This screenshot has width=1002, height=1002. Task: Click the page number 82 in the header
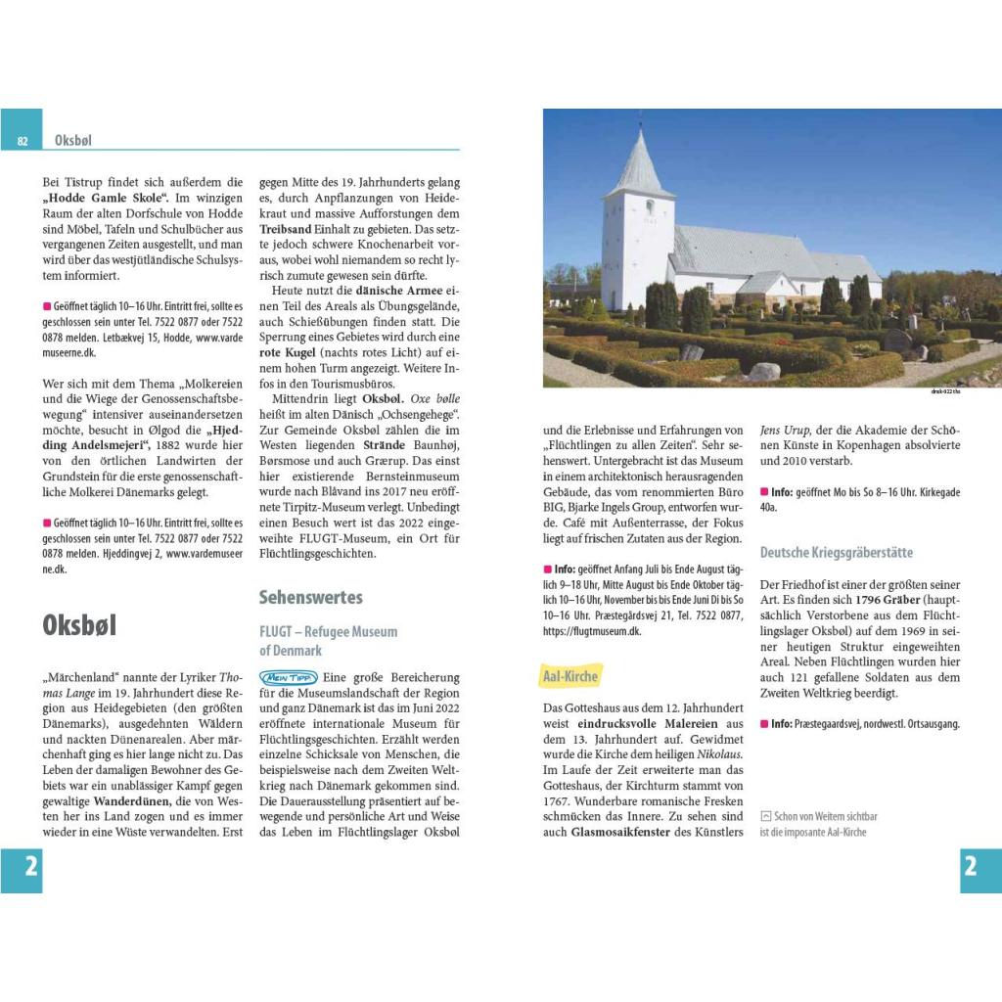point(22,141)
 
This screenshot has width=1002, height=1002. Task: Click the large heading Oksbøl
point(79,626)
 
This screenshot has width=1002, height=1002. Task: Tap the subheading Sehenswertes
point(310,597)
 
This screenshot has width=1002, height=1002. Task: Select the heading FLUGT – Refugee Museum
point(329,632)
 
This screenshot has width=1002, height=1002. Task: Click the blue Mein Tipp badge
point(289,677)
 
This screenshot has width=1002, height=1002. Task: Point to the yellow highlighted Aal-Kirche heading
point(570,675)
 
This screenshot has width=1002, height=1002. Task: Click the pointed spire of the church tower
point(638,157)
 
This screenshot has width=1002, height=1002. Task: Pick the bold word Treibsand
point(286,229)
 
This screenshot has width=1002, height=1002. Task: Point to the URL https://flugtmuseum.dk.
point(591,632)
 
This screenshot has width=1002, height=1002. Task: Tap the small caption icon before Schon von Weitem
point(765,815)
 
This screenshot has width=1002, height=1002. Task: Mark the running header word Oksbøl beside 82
point(73,141)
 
